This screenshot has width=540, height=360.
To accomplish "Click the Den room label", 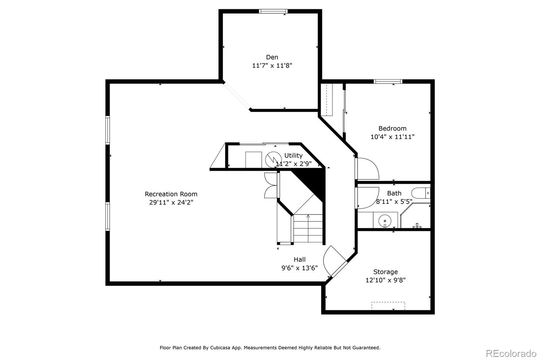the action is tap(272, 57).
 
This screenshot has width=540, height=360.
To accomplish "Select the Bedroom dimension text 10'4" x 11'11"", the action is tap(392, 137).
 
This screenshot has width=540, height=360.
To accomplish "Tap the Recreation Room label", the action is tap(171, 194).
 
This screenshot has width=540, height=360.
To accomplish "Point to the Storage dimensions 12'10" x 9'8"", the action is tap(385, 280).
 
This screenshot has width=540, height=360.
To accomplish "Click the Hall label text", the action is tap(299, 259).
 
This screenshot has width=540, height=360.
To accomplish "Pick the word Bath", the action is tap(394, 193).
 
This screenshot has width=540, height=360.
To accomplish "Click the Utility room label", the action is tap(293, 155).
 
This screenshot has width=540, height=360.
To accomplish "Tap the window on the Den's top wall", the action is tap(273, 11).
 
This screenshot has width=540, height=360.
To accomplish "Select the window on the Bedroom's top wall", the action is tap(388, 81).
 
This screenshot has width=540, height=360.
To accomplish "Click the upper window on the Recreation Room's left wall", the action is tap(108, 130).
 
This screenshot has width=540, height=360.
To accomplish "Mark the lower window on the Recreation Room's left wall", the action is tap(108, 216).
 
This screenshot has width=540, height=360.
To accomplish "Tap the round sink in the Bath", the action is tap(385, 221).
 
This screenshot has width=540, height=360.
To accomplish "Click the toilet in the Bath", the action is tap(421, 193).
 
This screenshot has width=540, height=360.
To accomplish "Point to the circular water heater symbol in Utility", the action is tap(273, 159).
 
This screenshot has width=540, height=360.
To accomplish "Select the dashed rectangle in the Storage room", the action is tap(388, 306).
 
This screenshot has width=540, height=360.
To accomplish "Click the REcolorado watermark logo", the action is tap(511, 354).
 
